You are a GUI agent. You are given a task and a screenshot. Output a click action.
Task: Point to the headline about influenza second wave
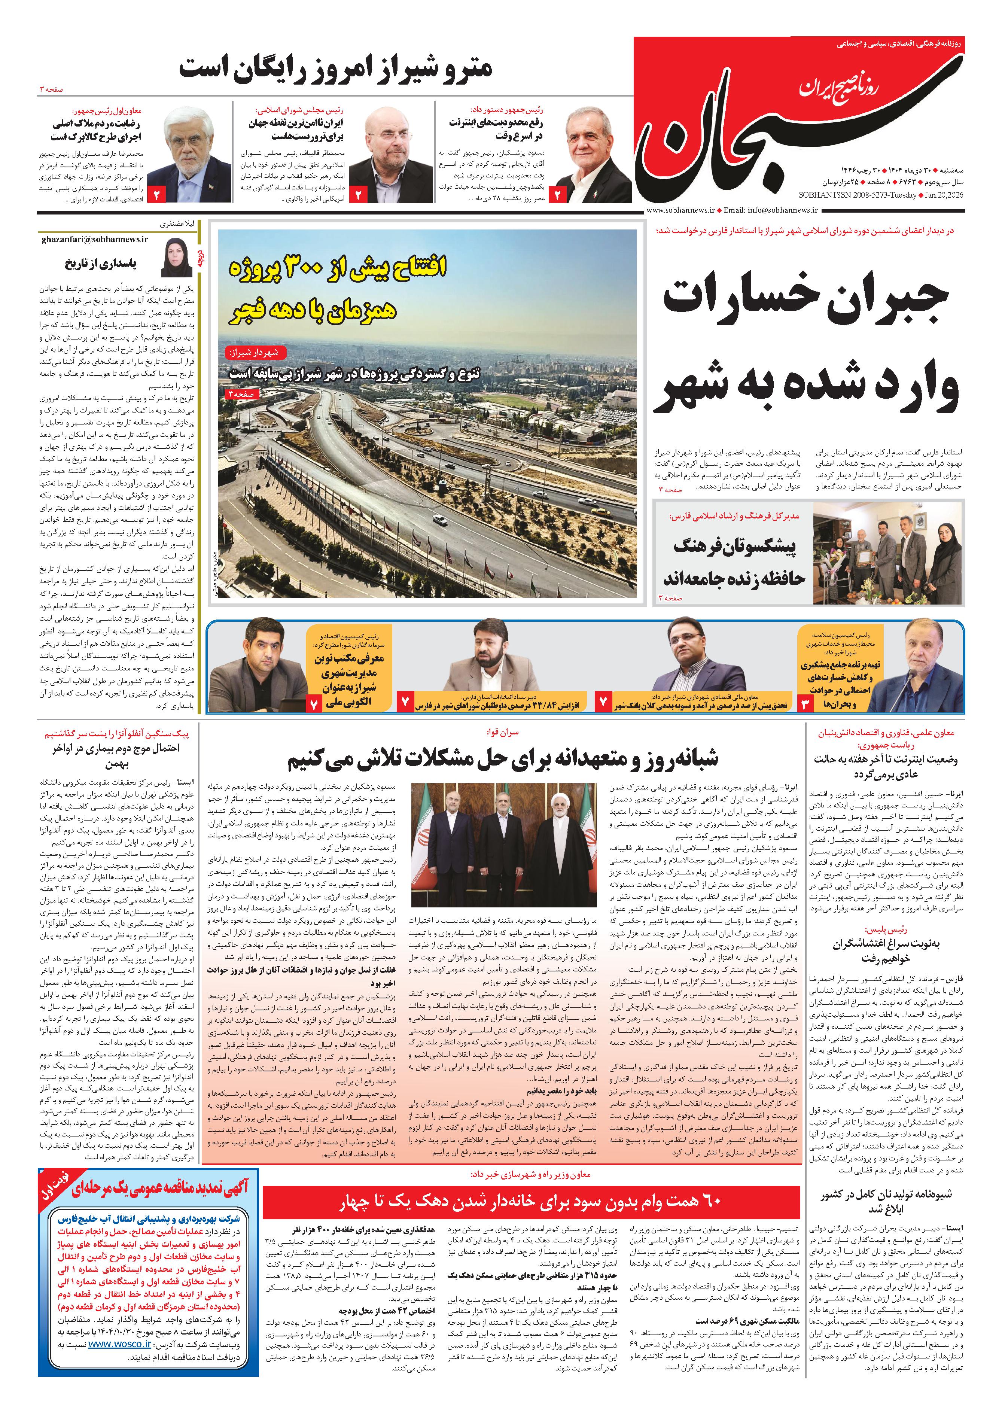115,756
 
